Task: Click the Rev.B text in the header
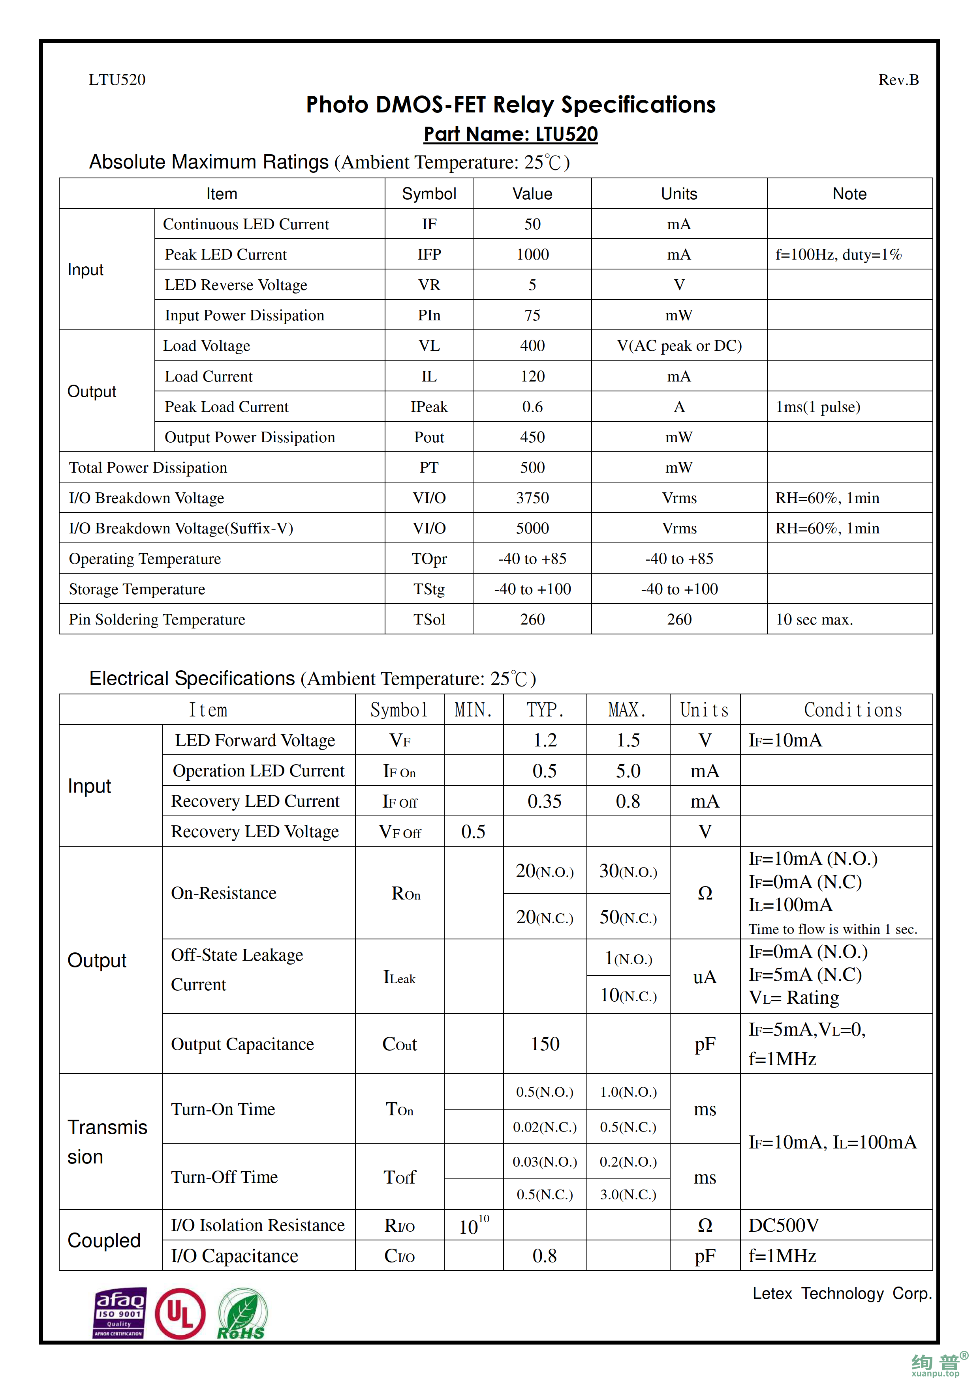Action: pos(898,80)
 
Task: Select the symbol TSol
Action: pos(429,620)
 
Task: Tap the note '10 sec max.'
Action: pos(814,620)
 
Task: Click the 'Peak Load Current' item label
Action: pos(226,407)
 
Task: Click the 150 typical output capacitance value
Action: pos(545,1044)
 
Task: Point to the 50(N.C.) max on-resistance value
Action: pos(628,917)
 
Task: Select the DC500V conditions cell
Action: pos(784,1225)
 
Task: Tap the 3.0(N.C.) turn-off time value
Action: pos(628,1195)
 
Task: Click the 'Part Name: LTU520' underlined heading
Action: pos(510,134)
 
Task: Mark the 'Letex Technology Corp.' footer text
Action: pos(842,1294)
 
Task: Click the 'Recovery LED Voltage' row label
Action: pos(255,832)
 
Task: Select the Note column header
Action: pos(849,194)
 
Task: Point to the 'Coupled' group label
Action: pos(104,1240)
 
